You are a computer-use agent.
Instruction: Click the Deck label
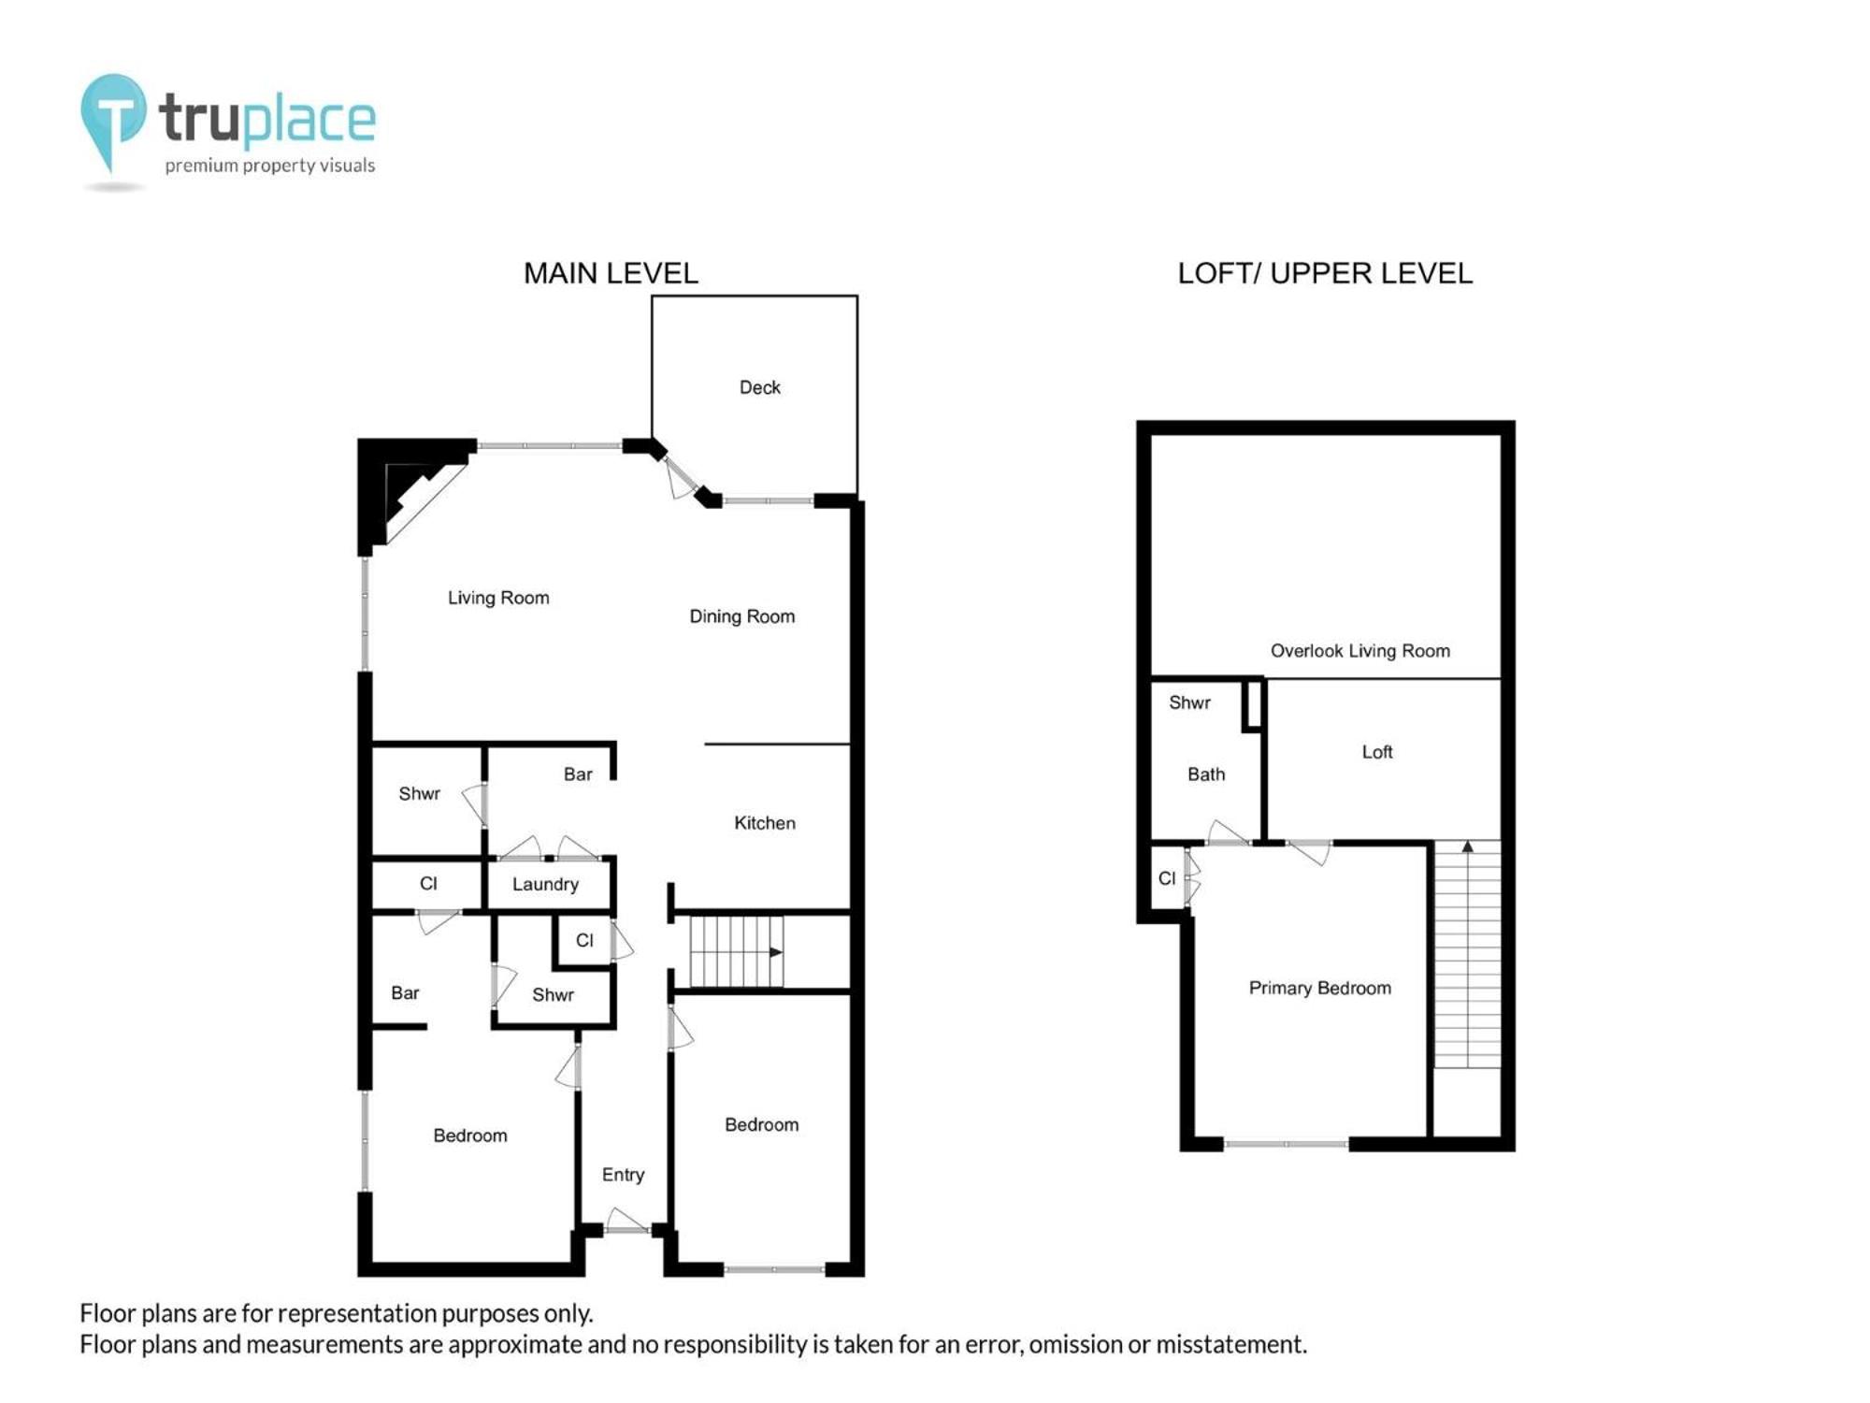(759, 387)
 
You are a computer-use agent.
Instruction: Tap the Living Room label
(498, 598)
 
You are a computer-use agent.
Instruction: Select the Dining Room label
(742, 616)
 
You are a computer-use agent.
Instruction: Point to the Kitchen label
(765, 823)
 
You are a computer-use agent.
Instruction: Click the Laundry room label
(545, 884)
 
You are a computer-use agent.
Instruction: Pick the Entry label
(623, 1175)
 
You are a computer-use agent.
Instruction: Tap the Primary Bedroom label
(1320, 988)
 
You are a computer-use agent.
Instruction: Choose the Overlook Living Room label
(1360, 651)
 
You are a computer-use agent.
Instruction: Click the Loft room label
(1377, 752)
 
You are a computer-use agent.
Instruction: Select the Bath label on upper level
(1206, 774)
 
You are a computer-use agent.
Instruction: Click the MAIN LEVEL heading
(611, 273)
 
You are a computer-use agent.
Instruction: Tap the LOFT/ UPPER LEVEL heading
(1325, 273)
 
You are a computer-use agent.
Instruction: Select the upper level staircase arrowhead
(1468, 846)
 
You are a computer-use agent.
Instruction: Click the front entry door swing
(626, 1221)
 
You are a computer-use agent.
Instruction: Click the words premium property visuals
(270, 166)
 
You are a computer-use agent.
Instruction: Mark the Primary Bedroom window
(1286, 1143)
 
